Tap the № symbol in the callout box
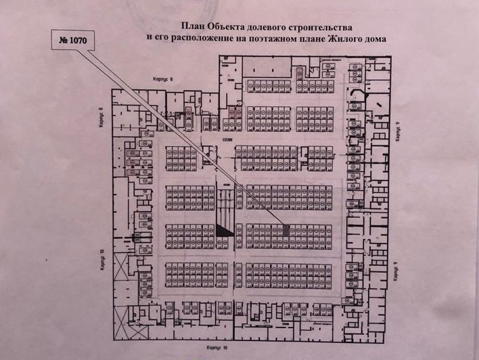coord(65,41)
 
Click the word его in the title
coord(161,39)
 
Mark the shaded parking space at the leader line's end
coord(285,230)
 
